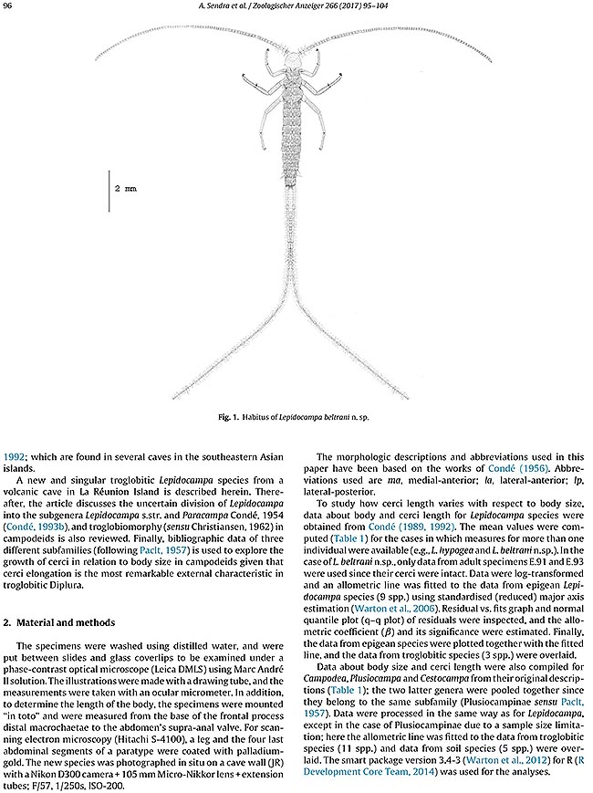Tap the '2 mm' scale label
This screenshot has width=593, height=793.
coord(125,186)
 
